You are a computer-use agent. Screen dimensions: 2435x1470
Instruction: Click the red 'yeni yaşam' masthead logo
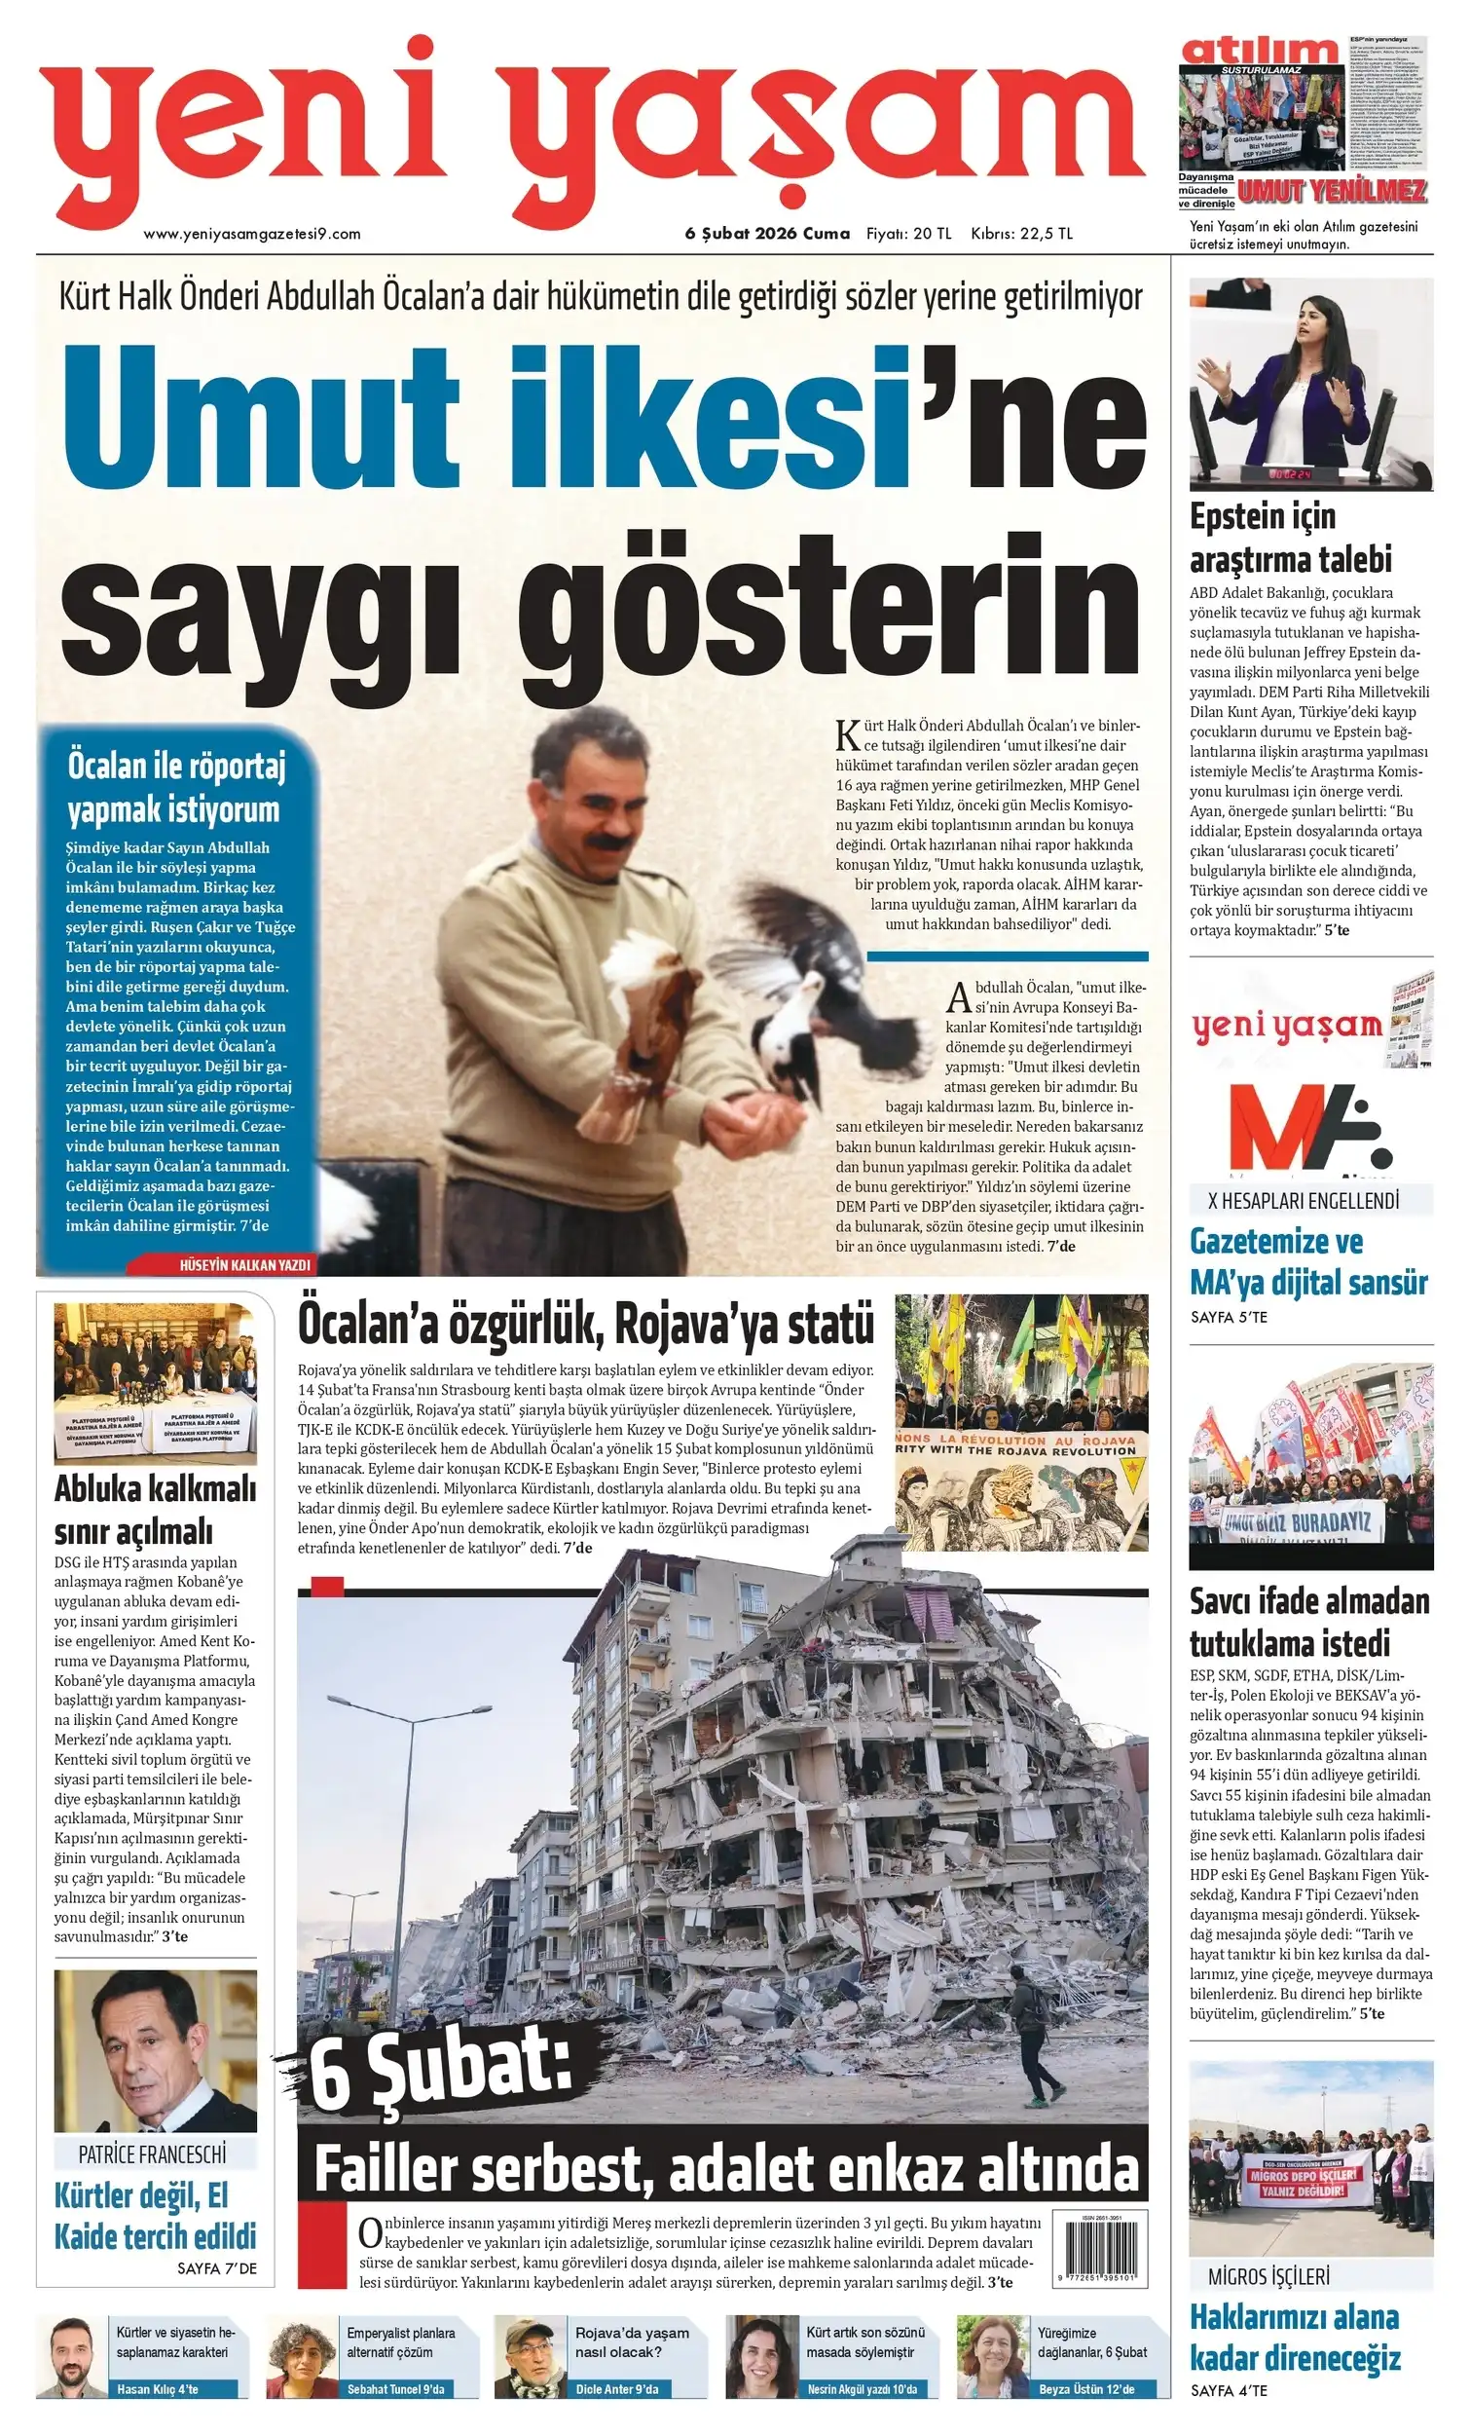tap(593, 124)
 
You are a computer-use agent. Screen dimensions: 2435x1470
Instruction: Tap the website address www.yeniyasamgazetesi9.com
tap(252, 234)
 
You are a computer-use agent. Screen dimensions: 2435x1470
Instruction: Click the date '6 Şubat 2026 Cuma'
tap(766, 234)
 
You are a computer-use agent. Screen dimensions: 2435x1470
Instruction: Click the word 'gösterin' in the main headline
tap(845, 600)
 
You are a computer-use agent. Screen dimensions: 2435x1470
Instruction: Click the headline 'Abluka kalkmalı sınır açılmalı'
tap(155, 1510)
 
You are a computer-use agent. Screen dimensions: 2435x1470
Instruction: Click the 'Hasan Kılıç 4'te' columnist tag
tap(158, 2389)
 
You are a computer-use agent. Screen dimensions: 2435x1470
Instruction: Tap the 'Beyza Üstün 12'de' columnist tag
tap(1086, 2389)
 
